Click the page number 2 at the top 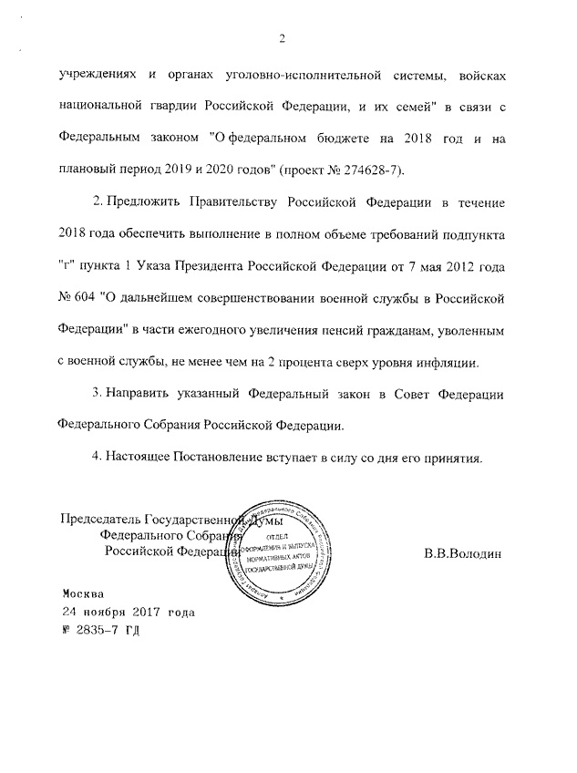(282, 38)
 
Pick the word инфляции (446, 363)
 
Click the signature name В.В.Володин (462, 553)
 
